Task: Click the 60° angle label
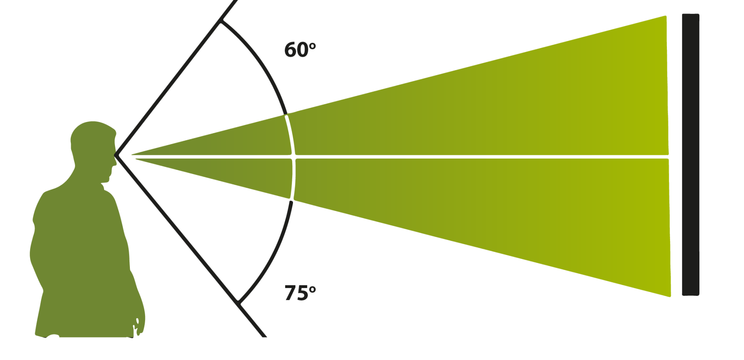point(299,50)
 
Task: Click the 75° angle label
point(299,293)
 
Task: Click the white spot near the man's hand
point(137,321)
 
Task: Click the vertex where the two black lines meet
point(115,155)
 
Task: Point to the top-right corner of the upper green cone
point(666,16)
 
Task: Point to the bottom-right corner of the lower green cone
point(670,296)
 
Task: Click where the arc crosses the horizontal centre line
point(295,157)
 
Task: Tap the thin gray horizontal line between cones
point(469,157)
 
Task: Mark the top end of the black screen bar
point(690,15)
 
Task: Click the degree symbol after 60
point(312,45)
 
